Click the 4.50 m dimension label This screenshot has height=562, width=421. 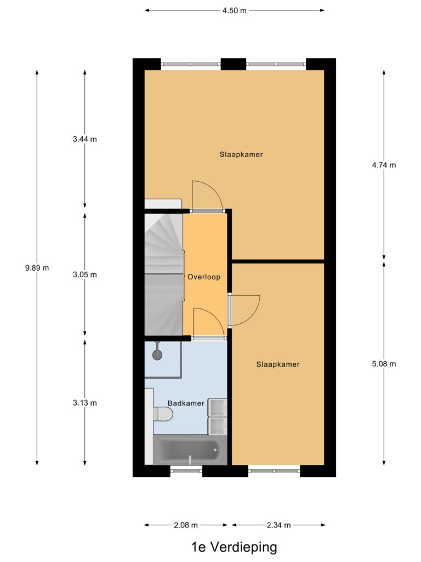(x=235, y=10)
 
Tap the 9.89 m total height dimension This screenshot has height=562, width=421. (x=37, y=268)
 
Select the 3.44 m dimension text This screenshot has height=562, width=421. (x=84, y=139)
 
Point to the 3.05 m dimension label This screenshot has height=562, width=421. (x=84, y=275)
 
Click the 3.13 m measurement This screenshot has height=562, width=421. (x=84, y=403)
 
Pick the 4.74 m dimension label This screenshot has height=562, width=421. (x=383, y=165)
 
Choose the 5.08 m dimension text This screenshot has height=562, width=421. (x=383, y=363)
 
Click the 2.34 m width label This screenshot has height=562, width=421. (x=278, y=525)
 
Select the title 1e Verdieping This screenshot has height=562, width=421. (x=234, y=547)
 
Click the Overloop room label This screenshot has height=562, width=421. (x=204, y=277)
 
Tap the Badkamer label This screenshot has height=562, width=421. (x=186, y=403)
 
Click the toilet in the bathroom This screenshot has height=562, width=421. (x=162, y=414)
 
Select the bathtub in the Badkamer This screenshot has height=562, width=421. (x=189, y=450)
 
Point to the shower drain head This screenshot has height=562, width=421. (x=157, y=355)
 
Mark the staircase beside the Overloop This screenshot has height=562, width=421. (x=163, y=274)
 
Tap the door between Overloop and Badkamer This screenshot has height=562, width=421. (x=208, y=324)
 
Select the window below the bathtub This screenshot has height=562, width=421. (x=186, y=470)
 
